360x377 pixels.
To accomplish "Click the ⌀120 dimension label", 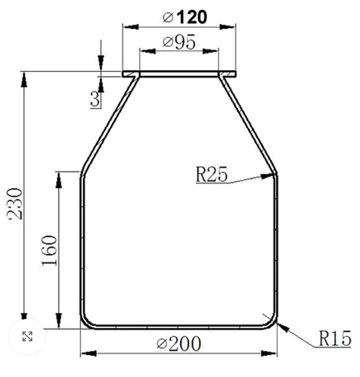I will (x=184, y=17).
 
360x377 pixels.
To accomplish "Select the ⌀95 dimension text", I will (x=179, y=43).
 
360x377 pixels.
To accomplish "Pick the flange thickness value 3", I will (x=95, y=100).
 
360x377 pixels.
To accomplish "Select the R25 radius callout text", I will (x=212, y=175).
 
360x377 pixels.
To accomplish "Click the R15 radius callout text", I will (x=335, y=339).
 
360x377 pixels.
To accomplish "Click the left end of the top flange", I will (x=125, y=74).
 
